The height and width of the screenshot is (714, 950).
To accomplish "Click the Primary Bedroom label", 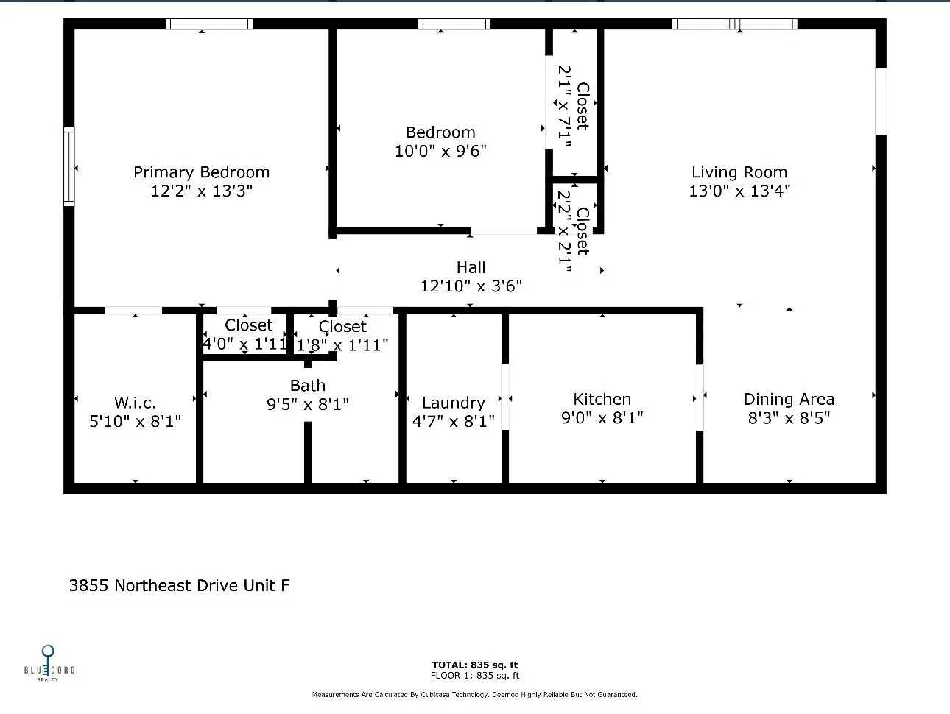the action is [201, 172].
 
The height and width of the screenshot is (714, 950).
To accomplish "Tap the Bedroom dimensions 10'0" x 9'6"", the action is [440, 151].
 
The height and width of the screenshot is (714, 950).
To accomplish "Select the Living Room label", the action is [739, 172].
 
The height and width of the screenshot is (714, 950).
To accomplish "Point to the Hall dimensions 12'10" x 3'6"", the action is [471, 286].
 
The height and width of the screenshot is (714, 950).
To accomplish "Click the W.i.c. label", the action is [135, 403].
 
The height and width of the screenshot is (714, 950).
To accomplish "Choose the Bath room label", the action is [308, 385].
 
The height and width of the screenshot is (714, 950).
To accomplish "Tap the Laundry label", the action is [454, 403].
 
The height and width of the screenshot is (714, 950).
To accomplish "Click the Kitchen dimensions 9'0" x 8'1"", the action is [602, 417].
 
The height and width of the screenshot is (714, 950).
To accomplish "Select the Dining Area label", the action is [789, 399].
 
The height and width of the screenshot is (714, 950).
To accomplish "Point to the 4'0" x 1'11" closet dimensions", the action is [245, 344].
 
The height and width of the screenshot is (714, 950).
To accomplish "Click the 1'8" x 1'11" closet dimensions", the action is [342, 345].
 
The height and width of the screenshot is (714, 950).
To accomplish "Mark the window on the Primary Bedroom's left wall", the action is [68, 166].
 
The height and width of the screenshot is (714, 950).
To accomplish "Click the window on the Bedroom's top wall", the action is [454, 24].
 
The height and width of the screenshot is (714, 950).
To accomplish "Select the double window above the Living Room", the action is [734, 24].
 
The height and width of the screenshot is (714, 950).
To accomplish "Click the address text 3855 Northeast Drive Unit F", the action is [179, 585].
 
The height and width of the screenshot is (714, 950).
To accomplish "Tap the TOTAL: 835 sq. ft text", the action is [475, 665].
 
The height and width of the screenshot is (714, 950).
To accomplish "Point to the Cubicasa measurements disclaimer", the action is [475, 695].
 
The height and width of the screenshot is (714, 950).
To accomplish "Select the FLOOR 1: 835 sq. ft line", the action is [475, 676].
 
